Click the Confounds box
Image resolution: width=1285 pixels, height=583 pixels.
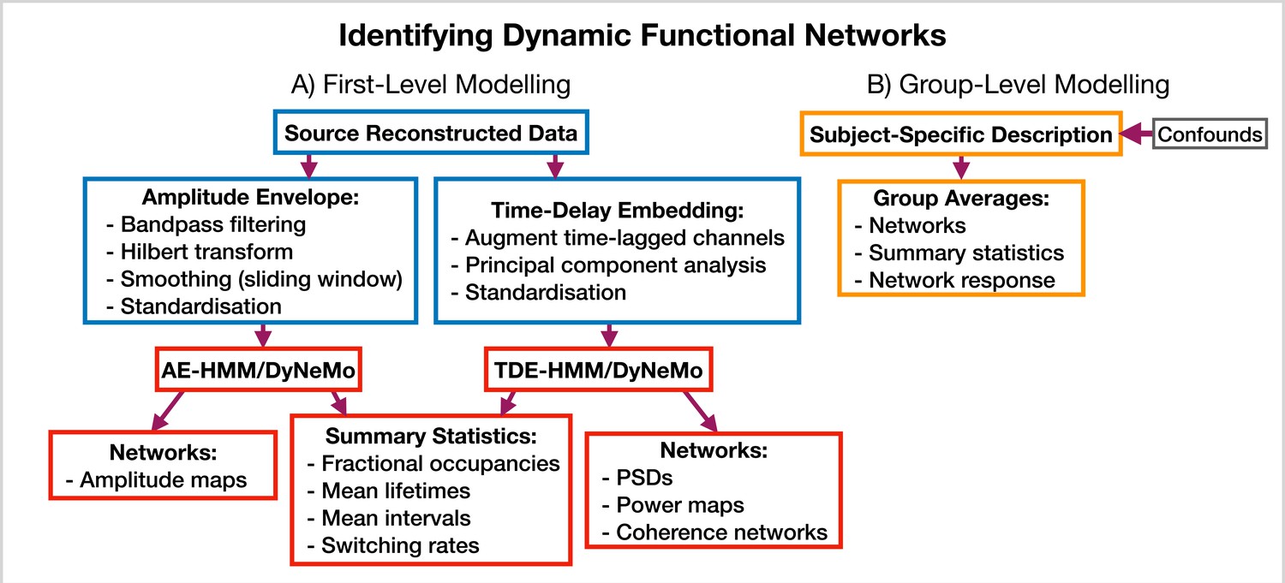(1210, 134)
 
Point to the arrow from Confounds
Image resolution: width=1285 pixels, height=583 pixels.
(1137, 134)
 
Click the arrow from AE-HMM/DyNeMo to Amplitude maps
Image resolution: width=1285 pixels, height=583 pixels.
(167, 410)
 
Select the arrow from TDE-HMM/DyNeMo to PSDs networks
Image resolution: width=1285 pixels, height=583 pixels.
(701, 411)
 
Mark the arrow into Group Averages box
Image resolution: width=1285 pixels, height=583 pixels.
(961, 168)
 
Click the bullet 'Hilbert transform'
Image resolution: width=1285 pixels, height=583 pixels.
(199, 252)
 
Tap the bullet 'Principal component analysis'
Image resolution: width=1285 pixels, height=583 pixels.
(608, 265)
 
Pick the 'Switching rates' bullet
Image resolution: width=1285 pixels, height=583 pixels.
(393, 545)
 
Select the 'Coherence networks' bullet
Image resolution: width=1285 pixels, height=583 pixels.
(714, 532)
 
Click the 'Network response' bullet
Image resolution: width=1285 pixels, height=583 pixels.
(954, 280)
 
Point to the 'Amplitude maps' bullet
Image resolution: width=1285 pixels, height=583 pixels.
(156, 479)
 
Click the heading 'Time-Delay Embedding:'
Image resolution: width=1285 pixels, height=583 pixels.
(618, 210)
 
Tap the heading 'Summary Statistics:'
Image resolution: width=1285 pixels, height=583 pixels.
(431, 436)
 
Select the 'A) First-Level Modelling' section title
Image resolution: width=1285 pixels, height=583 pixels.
(431, 84)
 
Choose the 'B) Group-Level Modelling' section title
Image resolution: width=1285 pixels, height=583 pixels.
(1019, 84)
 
